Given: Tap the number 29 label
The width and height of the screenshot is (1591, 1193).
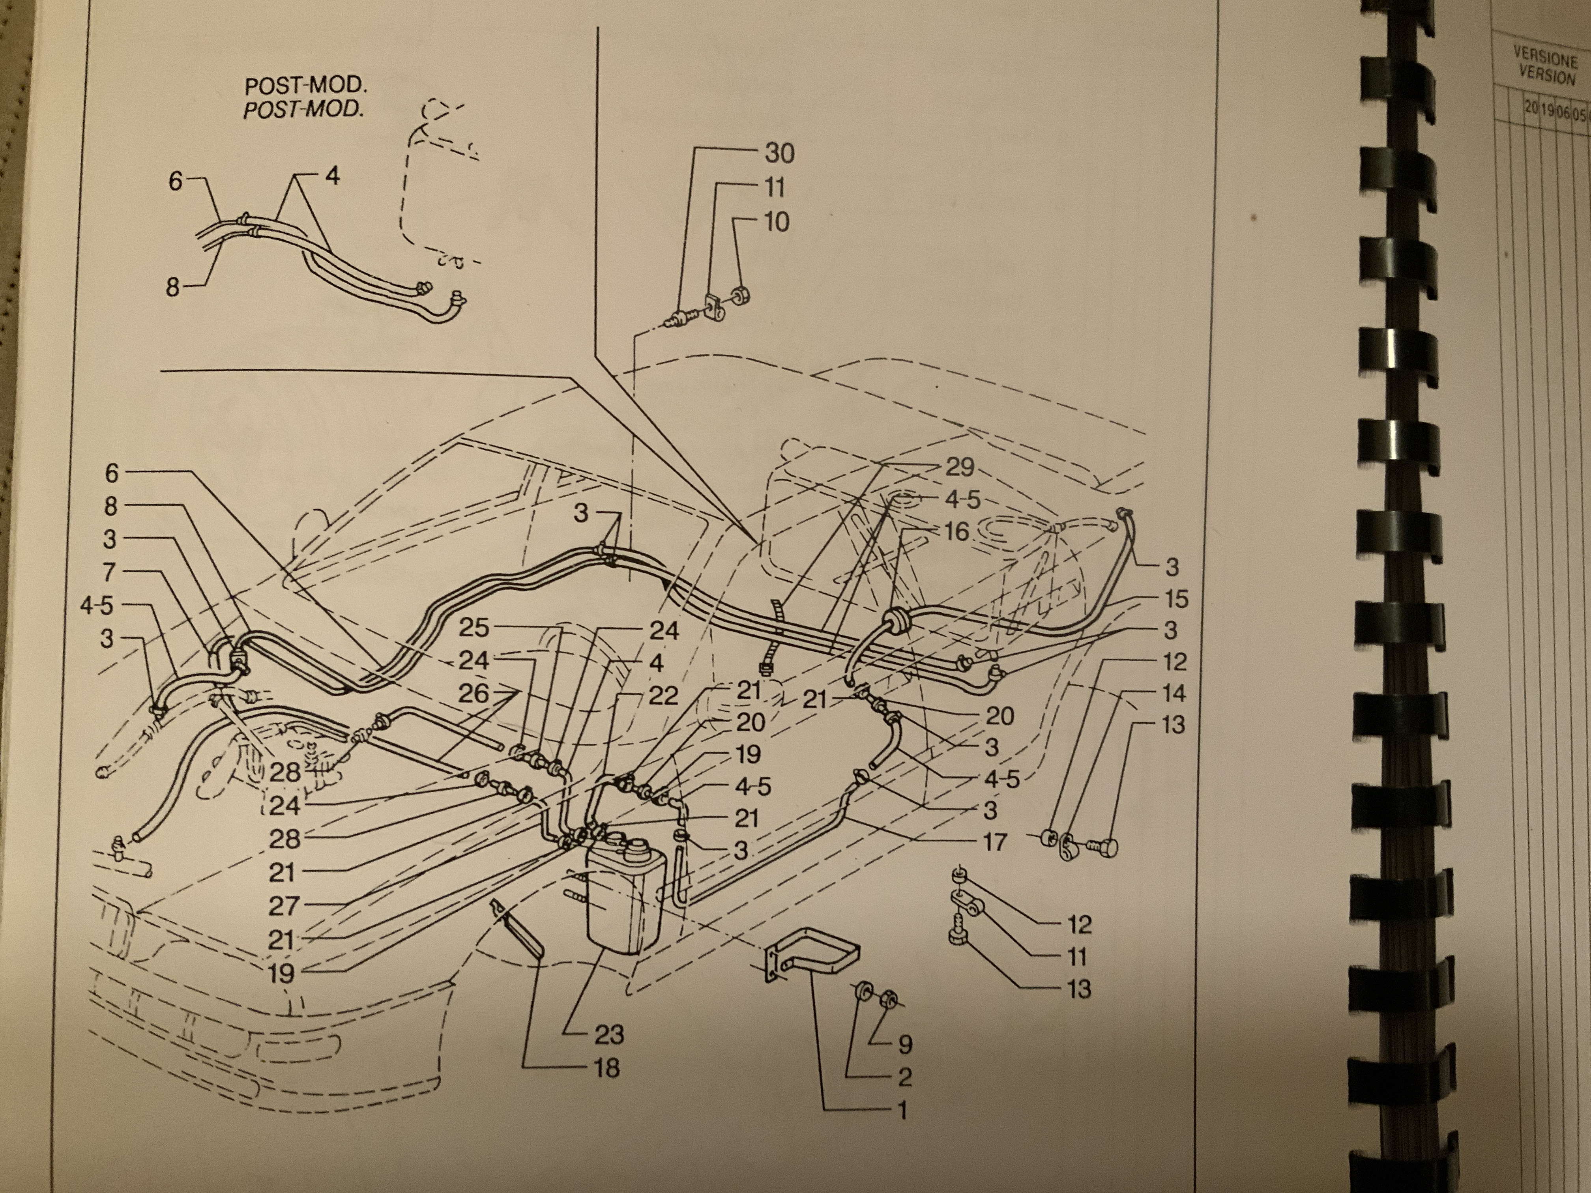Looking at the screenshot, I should pyautogui.click(x=959, y=467).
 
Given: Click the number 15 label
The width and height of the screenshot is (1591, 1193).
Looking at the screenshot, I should pyautogui.click(x=1175, y=598).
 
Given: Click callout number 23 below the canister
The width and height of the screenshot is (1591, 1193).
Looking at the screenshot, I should pyautogui.click(x=608, y=1034).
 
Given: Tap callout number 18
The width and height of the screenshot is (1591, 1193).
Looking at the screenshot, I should pyautogui.click(x=607, y=1068).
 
